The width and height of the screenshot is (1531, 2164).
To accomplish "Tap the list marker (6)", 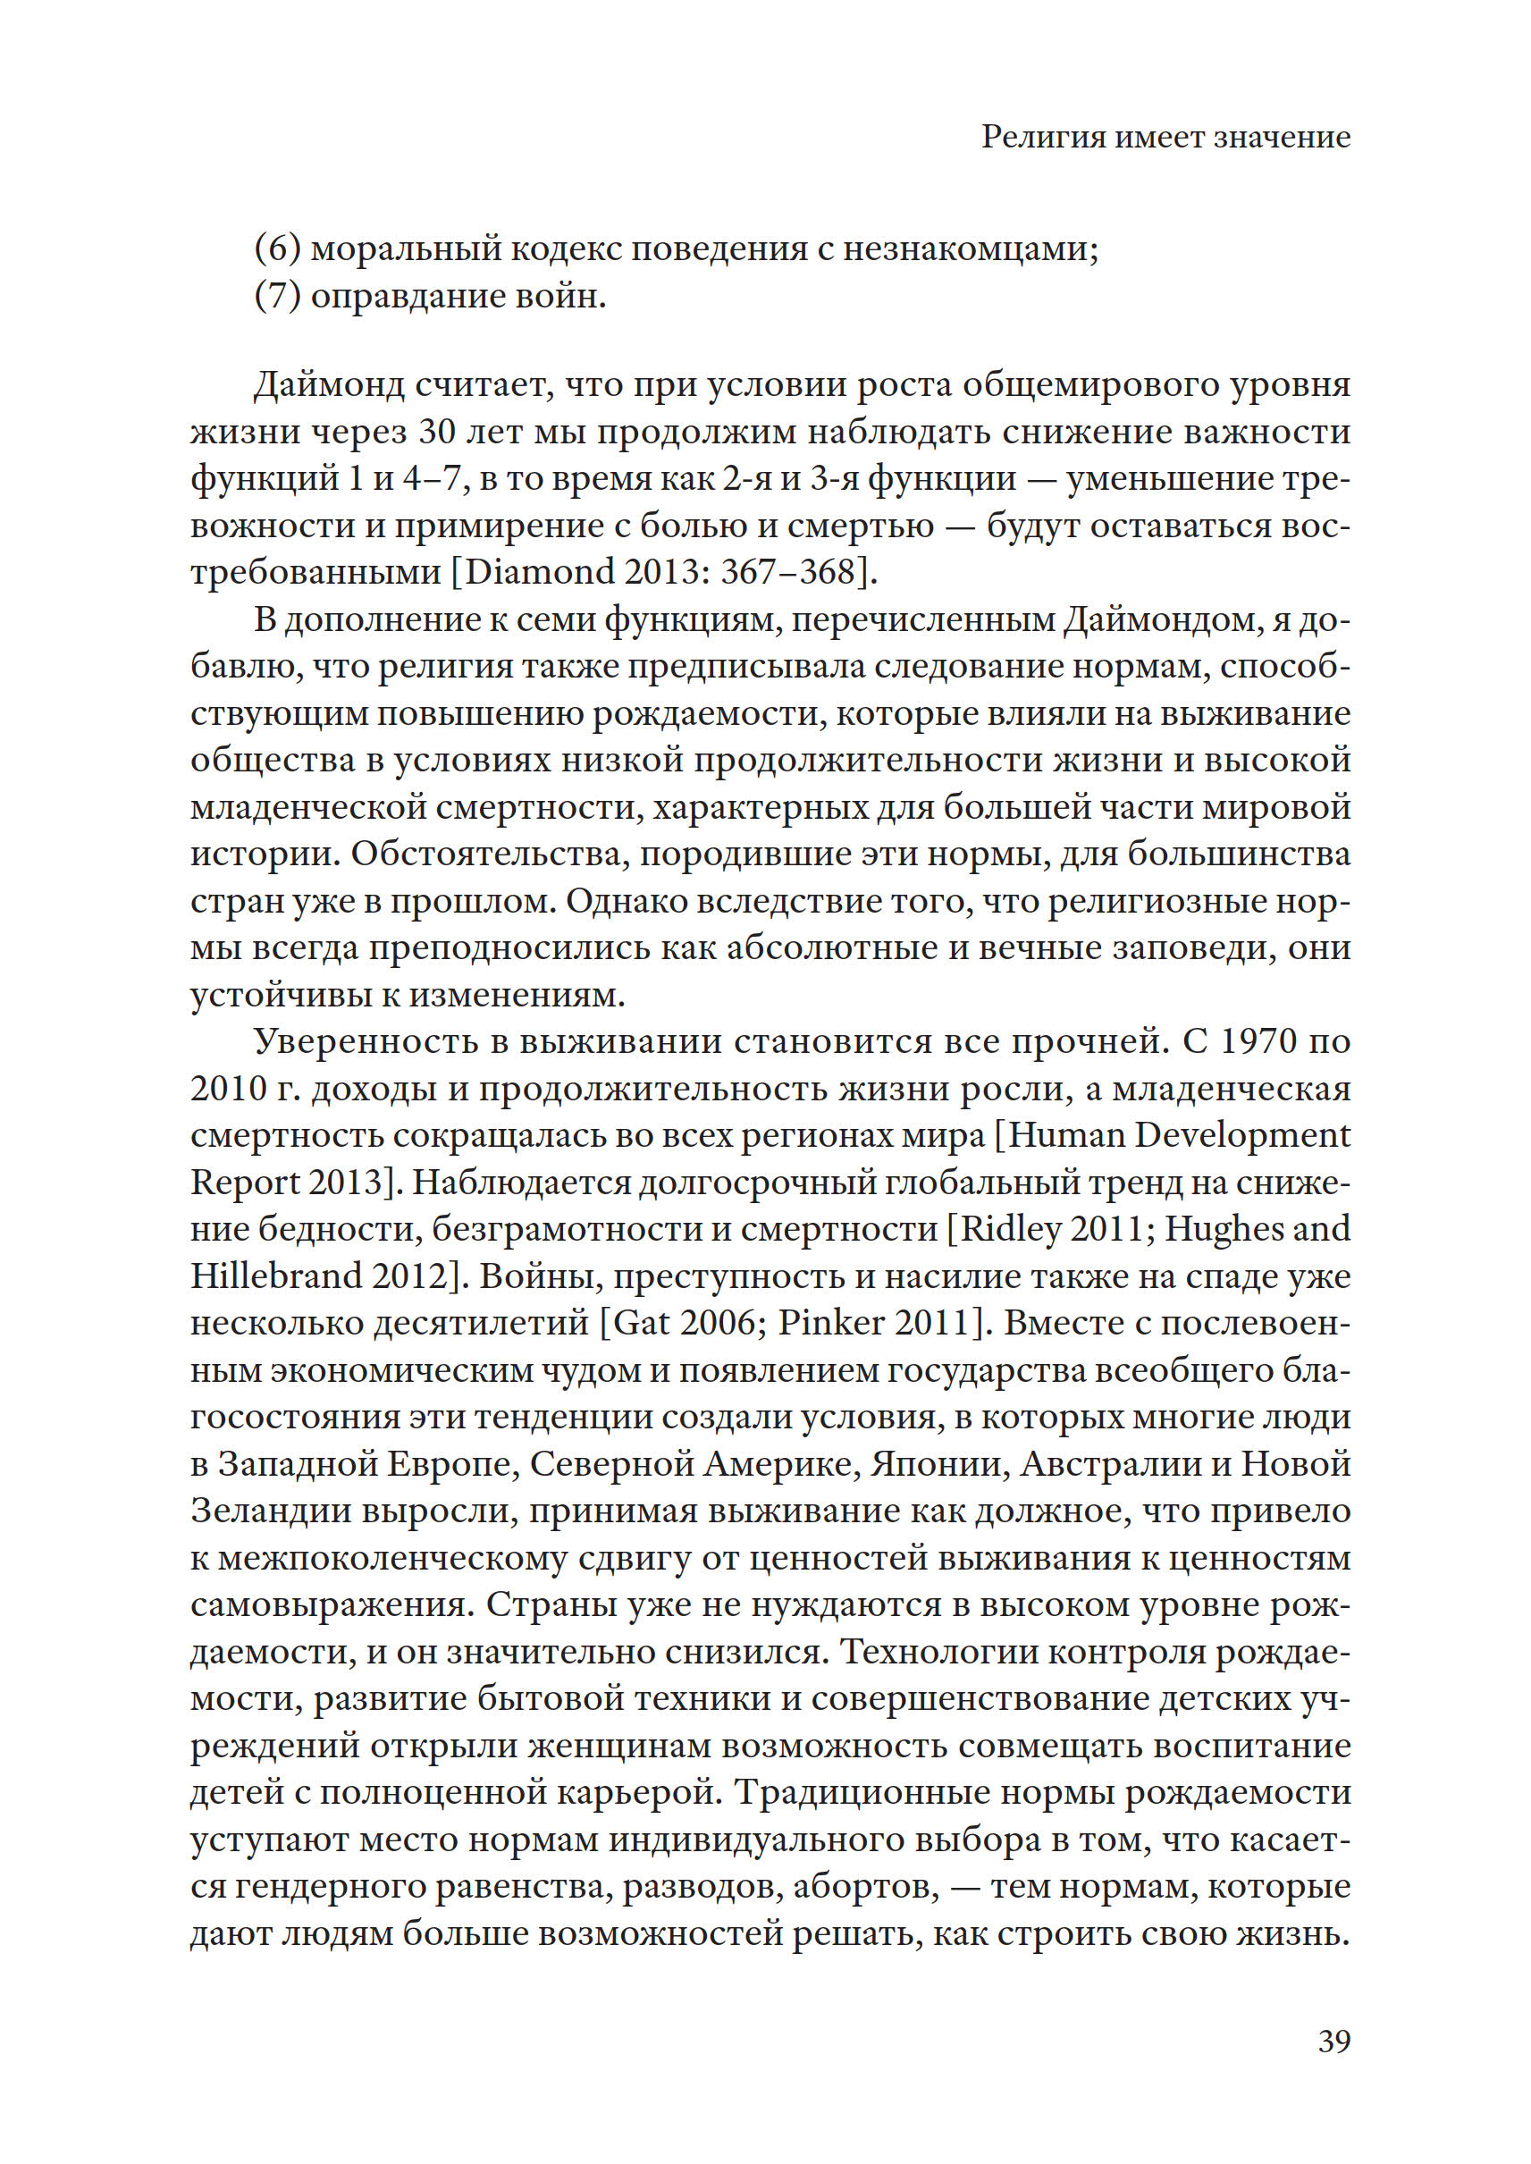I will coord(277,248).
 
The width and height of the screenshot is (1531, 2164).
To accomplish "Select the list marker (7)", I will coord(277,296).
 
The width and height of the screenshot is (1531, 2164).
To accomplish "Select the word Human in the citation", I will coord(1066,1135).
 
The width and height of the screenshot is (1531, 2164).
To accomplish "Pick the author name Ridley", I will coord(1019,1229).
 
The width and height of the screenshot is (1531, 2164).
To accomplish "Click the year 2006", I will coord(717,1323).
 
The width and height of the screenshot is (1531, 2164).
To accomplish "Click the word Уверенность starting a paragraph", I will coord(380,1042).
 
